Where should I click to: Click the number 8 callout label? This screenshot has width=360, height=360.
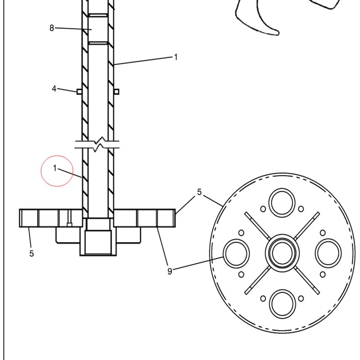point(52,28)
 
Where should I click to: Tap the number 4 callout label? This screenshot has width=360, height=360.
point(54,89)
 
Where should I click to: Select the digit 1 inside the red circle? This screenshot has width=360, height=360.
point(55,168)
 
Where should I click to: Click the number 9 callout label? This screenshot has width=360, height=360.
point(170,271)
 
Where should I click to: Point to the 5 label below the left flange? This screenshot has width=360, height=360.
point(31,253)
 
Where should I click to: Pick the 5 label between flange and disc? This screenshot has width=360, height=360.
point(199,192)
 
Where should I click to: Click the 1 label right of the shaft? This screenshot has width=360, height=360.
point(176,57)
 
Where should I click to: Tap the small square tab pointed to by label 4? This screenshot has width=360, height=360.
point(79,92)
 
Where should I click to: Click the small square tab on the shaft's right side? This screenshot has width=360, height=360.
point(117,92)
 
